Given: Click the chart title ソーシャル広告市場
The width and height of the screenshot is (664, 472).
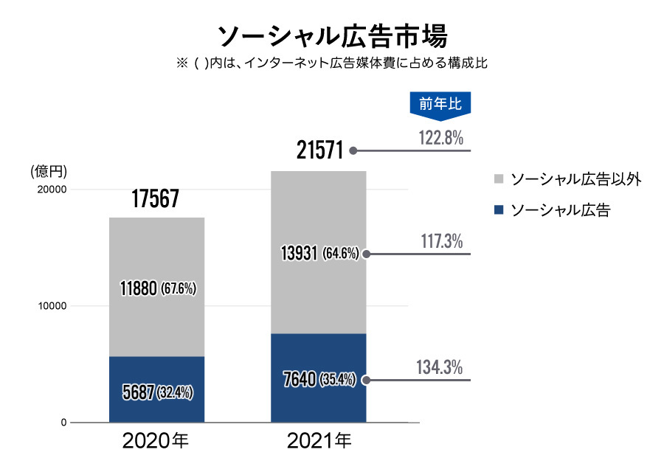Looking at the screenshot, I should pos(332,35).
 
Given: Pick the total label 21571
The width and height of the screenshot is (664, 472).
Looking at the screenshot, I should pos(320,150).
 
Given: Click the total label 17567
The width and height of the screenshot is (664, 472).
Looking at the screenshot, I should pos(156,198).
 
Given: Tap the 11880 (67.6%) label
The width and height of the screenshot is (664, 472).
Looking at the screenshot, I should pos(157,288).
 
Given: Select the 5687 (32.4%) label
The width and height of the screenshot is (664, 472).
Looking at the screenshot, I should pos(157,392).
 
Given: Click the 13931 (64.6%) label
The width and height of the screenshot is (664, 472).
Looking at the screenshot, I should pos(319,254).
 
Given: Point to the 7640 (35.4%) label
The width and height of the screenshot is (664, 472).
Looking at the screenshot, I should pos(319,380).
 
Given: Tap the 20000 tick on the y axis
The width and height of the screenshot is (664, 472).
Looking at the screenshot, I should pos(52,190).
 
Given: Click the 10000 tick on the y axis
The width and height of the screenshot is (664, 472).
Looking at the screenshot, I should pos(52,306).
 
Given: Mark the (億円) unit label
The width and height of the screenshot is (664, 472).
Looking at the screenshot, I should pos(49,172).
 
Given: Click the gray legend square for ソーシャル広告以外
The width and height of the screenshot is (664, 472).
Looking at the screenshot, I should pos(498,179).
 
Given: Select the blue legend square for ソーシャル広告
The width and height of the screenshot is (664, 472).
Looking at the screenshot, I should pos(498,211).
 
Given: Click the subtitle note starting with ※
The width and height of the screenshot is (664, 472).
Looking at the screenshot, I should pos(332,63).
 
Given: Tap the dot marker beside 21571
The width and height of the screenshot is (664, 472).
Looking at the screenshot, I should pos(353,150).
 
